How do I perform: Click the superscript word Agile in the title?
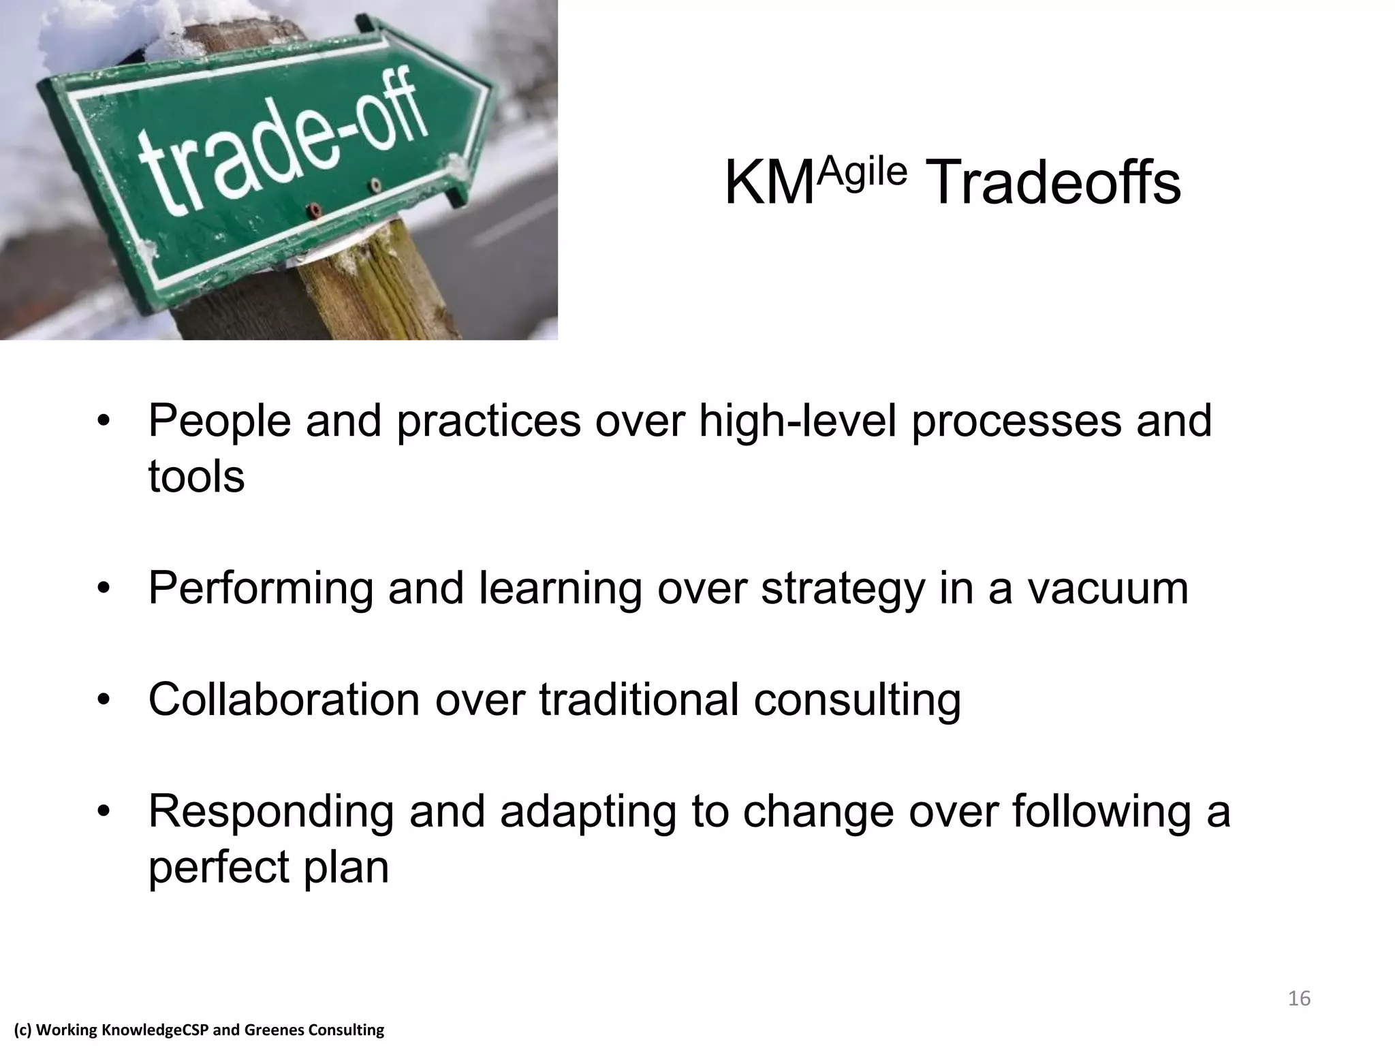tap(862, 171)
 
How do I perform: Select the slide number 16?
tap(1299, 998)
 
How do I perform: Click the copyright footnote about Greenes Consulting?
tap(200, 1030)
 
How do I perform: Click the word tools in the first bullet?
tap(196, 476)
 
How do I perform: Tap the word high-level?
tap(798, 421)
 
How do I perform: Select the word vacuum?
tap(1108, 588)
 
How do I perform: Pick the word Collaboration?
tap(284, 699)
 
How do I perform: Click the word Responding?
tap(271, 811)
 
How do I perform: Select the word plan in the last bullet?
tap(346, 867)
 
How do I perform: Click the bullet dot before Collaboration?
tap(104, 699)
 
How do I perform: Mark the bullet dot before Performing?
tap(104, 588)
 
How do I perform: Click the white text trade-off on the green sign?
tap(283, 146)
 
